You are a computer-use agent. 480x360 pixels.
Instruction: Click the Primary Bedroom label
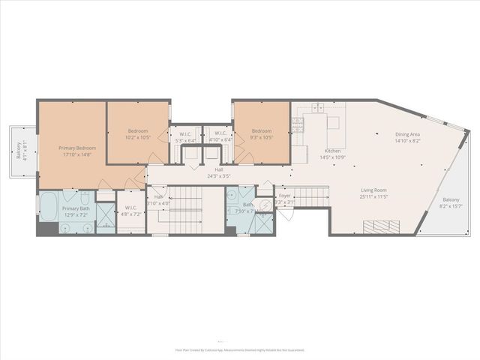(x=77, y=148)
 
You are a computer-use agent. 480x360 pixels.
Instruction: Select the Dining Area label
(x=408, y=134)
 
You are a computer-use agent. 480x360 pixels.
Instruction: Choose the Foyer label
(x=285, y=196)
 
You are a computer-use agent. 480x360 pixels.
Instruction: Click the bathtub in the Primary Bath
(x=47, y=207)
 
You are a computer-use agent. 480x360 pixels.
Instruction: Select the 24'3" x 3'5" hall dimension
(x=219, y=177)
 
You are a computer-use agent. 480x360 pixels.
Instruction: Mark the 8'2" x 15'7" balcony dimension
(x=451, y=205)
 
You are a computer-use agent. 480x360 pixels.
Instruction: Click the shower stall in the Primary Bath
(x=105, y=223)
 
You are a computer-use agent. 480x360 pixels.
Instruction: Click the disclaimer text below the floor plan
(x=240, y=349)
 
